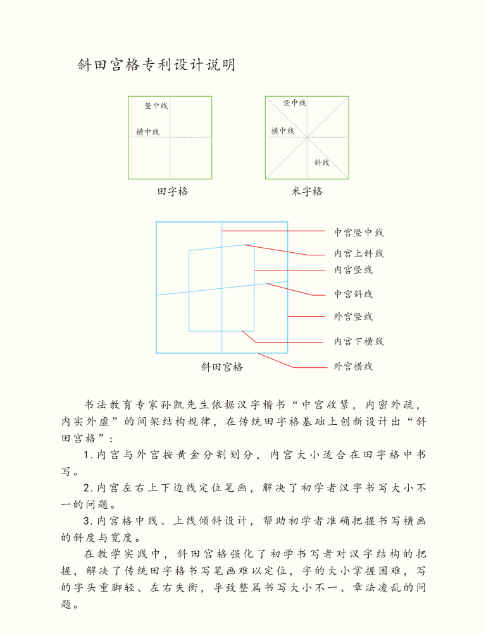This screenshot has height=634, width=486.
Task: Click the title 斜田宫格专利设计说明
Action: (156, 64)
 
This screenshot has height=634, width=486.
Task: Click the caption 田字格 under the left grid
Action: (173, 192)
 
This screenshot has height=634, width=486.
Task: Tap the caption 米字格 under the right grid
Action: (307, 192)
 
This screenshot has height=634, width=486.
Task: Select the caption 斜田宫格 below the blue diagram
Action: (221, 367)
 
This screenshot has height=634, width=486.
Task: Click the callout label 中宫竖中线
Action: (359, 233)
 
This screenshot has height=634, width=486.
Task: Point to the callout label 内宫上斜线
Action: (359, 253)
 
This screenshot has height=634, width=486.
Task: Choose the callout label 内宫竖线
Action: (353, 270)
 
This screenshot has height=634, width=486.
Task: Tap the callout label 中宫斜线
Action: (353, 294)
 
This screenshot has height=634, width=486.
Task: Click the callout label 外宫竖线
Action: (353, 317)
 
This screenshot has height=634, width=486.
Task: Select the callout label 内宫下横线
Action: (359, 342)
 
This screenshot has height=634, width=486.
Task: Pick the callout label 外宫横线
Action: (353, 367)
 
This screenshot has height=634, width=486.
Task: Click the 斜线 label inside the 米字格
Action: (321, 162)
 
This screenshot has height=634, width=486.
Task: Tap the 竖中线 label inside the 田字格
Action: (156, 106)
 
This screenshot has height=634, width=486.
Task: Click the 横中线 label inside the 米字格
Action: (282, 131)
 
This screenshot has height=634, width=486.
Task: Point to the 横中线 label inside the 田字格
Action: (147, 132)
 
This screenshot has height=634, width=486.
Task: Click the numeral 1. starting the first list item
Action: (89, 455)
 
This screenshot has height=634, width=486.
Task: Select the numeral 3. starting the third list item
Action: (89, 521)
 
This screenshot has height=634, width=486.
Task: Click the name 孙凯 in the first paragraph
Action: (167, 405)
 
